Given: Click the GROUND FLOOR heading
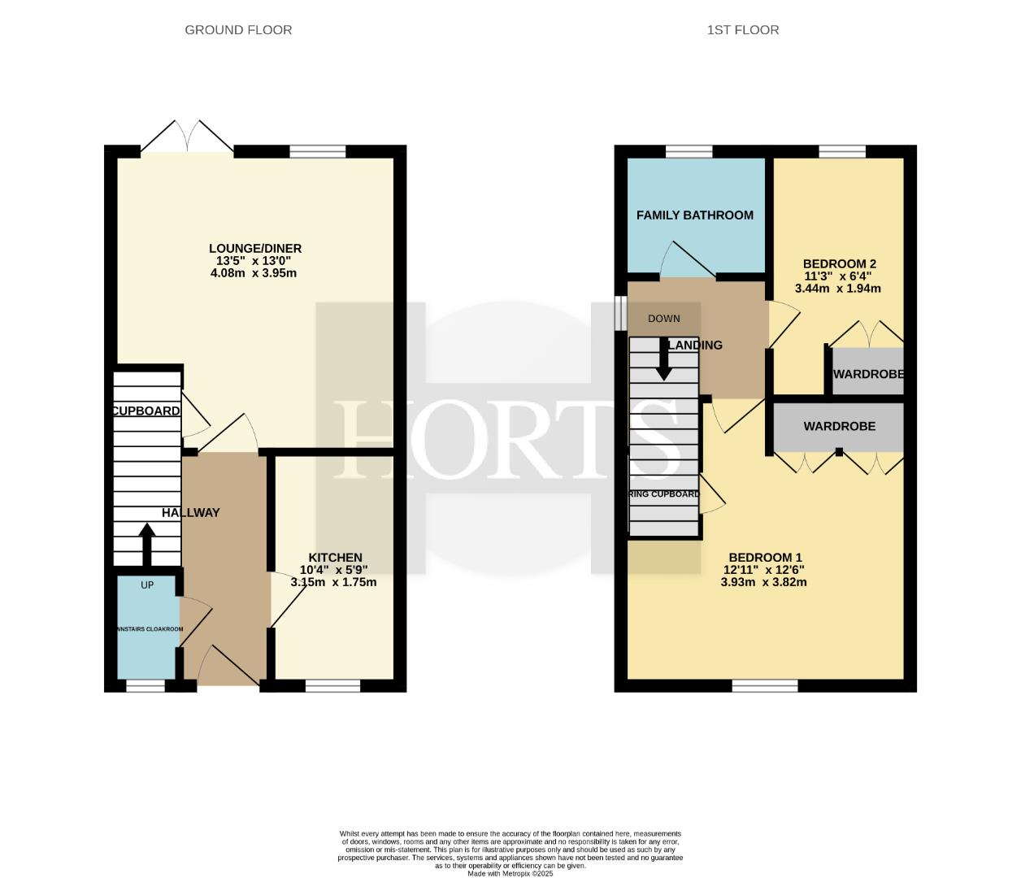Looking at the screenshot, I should [x=238, y=30].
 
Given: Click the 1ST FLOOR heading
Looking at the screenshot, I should [x=742, y=30].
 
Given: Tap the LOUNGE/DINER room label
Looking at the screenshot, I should [x=254, y=249].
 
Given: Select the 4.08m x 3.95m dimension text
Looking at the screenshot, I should [x=254, y=273].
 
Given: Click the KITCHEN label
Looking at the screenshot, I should [x=335, y=558].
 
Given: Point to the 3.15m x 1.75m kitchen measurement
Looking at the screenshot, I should [x=333, y=582].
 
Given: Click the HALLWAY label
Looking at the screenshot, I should [x=190, y=513].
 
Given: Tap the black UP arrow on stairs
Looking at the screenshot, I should [x=147, y=544].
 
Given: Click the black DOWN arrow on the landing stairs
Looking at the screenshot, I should [x=664, y=359].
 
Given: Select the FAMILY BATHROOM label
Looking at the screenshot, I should [x=694, y=215].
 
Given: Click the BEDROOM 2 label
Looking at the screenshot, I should [x=839, y=264].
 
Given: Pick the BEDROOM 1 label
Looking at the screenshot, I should [x=765, y=558].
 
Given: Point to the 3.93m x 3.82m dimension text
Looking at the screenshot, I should [x=763, y=582].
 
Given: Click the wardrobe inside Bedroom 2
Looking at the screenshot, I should [x=867, y=373].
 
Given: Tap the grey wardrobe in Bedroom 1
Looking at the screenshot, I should [x=839, y=427].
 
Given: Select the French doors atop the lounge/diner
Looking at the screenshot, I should [x=188, y=137].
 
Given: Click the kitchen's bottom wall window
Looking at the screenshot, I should [x=332, y=686].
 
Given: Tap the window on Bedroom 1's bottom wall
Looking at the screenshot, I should [x=765, y=686].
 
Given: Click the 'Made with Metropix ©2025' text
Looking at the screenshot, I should [x=510, y=873].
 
